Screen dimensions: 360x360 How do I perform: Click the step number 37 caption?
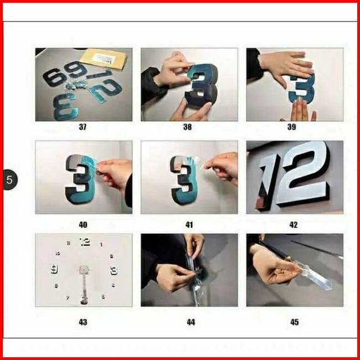[83, 127]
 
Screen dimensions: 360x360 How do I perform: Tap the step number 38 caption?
[187, 127]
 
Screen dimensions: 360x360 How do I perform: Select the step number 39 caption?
[291, 127]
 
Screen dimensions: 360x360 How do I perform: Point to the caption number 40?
[83, 224]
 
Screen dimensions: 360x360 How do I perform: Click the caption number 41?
[189, 224]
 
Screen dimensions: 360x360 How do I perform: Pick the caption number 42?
[294, 224]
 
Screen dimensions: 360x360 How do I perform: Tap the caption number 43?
[83, 322]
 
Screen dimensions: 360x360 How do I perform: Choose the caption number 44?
[191, 322]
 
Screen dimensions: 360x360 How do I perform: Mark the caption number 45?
[295, 322]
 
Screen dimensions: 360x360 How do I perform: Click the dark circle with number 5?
[10, 179]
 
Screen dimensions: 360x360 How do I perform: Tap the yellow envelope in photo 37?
[104, 58]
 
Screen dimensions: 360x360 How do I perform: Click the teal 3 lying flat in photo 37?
[65, 106]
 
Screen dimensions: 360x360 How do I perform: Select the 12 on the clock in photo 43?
[85, 242]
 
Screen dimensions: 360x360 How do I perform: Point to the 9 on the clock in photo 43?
[54, 269]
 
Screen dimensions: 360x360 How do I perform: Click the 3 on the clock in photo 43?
[114, 270]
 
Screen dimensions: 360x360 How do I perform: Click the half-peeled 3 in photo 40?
[80, 179]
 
